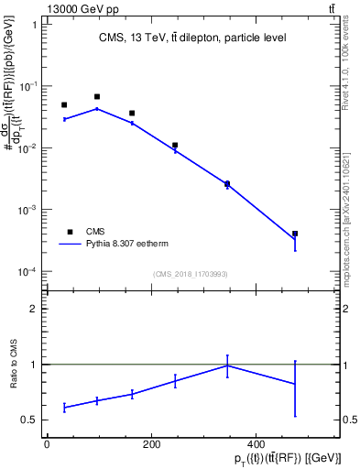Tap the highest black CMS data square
[x=97, y=96]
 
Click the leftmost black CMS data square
[x=64, y=105]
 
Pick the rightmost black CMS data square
[x=295, y=234]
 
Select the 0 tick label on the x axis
[x=47, y=443]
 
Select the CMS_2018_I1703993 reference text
[x=191, y=273]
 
